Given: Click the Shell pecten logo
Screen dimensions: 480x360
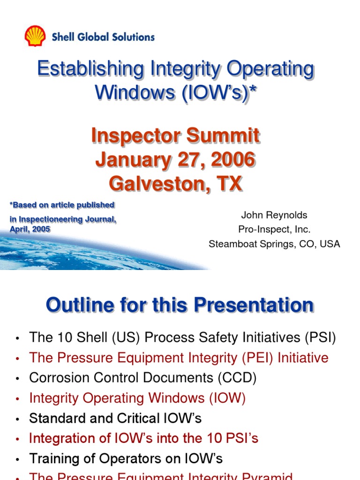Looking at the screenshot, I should (x=35, y=36).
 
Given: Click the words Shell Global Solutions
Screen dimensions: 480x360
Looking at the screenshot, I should (x=103, y=37).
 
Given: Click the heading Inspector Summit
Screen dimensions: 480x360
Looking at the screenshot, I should (x=175, y=136).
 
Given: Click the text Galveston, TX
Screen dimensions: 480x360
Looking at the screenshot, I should (x=175, y=183).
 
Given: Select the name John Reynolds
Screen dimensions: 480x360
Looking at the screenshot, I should (x=274, y=216).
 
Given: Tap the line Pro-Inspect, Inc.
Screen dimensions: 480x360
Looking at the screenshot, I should (x=274, y=230).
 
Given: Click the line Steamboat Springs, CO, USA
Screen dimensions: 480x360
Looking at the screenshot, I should (x=274, y=244).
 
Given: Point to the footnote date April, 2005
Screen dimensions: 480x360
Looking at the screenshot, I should (x=30, y=229).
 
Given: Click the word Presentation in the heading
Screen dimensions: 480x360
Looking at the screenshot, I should (x=254, y=305).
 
